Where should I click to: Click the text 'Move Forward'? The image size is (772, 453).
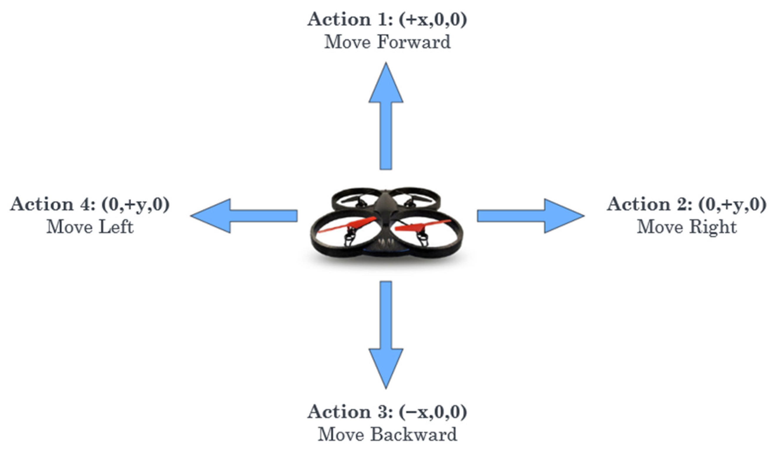pos(387,42)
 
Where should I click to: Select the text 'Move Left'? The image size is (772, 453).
pos(90,228)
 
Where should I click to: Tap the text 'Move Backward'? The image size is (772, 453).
pos(387,434)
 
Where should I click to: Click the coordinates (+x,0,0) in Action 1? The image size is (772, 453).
pos(433,20)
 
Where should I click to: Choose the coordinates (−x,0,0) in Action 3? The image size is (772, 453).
pos(433,412)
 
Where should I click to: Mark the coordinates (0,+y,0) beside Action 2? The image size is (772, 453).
pos(732,204)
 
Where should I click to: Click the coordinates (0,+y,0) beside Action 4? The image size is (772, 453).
pos(136,204)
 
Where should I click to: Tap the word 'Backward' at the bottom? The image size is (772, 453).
pos(414,434)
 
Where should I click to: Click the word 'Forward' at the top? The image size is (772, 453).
pos(414,42)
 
